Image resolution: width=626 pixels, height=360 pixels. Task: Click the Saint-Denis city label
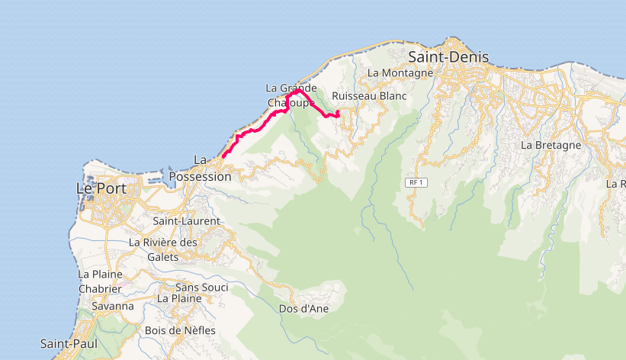[448, 56]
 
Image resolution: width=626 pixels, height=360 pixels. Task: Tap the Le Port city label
[101, 188]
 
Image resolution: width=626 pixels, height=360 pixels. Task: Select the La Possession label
[200, 169]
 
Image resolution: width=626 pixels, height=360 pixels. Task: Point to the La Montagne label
[400, 72]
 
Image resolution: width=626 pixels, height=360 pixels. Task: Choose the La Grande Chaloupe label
[291, 95]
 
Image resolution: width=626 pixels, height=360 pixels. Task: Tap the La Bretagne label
[551, 144]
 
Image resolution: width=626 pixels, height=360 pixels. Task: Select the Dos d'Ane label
[303, 309]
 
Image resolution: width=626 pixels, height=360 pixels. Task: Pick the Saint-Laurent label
[186, 221]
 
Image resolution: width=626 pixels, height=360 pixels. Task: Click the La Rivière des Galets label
[163, 249]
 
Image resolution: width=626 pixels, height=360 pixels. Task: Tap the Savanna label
[113, 307]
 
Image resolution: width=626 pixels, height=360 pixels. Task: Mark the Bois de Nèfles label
[179, 330]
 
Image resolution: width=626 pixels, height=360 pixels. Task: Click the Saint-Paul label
[69, 345]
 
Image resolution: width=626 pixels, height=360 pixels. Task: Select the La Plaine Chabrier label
[100, 281]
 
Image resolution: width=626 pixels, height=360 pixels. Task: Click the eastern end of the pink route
[337, 114]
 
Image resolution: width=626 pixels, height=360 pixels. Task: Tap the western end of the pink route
[223, 156]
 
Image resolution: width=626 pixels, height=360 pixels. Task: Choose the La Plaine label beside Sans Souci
[179, 298]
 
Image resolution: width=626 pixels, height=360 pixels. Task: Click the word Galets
[163, 257]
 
